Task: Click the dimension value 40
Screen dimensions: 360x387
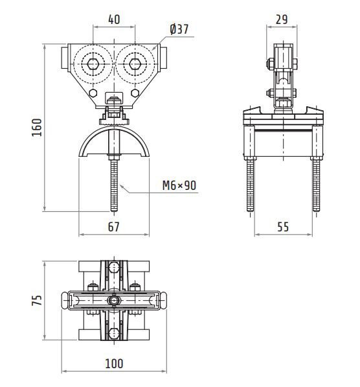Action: tap(114, 19)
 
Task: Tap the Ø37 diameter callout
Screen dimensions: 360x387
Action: tap(179, 29)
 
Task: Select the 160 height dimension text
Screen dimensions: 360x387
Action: tap(38, 128)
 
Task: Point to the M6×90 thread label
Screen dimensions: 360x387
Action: tap(179, 185)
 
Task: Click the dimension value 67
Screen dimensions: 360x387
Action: tap(114, 227)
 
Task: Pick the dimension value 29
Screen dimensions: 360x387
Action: tap(282, 19)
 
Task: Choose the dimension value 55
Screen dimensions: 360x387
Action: tap(283, 227)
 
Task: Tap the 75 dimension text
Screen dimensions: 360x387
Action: tap(38, 300)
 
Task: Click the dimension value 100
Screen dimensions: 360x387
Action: tap(114, 364)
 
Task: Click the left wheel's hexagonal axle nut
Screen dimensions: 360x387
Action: tap(93, 64)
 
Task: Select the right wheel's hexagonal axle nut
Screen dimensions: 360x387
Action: tap(135, 64)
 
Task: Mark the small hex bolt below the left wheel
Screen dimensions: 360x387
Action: tap(93, 93)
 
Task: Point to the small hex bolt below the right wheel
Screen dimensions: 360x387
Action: tap(135, 93)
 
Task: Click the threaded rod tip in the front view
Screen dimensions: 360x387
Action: tap(114, 211)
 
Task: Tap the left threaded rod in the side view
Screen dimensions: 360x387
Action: tap(250, 185)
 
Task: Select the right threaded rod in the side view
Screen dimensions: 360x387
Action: tap(316, 185)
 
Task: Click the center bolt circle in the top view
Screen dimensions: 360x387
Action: tap(114, 300)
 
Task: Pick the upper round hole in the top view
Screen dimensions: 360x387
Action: tap(114, 267)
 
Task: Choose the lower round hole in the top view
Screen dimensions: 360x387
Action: tap(114, 333)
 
